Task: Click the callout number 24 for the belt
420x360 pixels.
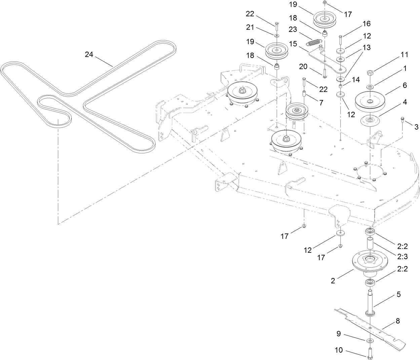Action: coord(89,54)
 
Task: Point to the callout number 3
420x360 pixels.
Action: coord(416,127)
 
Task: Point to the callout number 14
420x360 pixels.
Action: coord(356,80)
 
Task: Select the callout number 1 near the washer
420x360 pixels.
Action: coord(405,68)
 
